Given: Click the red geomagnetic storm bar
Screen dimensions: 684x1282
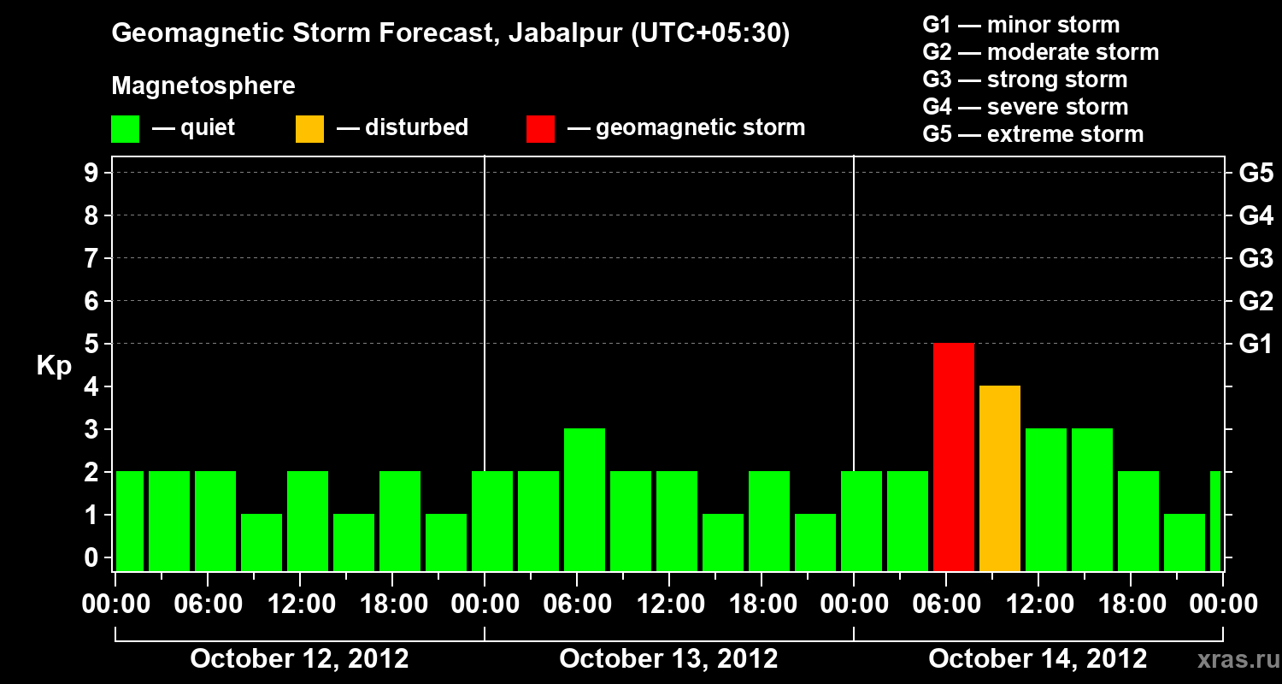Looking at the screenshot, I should tap(954, 457).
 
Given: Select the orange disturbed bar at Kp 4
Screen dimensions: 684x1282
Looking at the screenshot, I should tap(1000, 478).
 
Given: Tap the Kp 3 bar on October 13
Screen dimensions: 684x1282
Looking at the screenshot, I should tap(585, 499).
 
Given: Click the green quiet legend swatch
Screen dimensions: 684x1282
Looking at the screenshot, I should tap(126, 129).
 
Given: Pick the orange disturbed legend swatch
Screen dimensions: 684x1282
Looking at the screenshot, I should tap(310, 129).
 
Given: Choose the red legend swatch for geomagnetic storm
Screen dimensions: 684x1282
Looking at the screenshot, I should tap(541, 129).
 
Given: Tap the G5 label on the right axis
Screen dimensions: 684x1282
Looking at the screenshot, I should tap(1256, 174).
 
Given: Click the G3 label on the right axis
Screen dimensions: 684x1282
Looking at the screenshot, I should tap(1256, 259).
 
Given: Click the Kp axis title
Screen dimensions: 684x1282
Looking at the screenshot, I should tap(54, 366).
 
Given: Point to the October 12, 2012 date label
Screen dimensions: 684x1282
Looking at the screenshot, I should tap(299, 659).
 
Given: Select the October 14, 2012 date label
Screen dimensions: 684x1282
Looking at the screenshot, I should tap(1038, 659).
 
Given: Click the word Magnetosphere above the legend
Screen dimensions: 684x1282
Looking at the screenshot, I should tap(203, 86).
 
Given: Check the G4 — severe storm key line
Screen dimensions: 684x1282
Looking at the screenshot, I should tap(1026, 107).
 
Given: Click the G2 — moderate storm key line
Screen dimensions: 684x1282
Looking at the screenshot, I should tap(1041, 52).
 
